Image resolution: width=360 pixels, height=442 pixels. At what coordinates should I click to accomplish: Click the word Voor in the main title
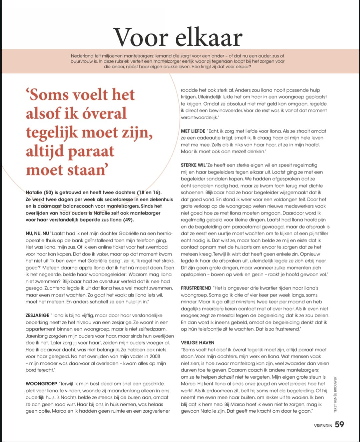coord(141,37)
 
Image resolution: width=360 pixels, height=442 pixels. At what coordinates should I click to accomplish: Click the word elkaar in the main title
coord(209,37)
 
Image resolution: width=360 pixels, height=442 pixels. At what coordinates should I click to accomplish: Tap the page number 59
coord(339,424)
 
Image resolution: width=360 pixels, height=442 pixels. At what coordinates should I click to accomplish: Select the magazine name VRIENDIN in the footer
coord(323,426)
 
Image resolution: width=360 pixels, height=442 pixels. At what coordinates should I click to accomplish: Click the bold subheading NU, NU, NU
coord(37,233)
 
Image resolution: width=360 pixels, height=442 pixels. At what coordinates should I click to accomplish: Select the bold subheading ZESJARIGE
coord(37,315)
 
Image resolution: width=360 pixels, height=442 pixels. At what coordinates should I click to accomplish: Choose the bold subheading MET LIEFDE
coord(193,131)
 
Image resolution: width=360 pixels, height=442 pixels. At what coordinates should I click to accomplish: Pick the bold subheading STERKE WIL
coord(193,165)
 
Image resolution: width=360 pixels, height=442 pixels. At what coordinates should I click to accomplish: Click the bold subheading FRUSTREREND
coord(196,288)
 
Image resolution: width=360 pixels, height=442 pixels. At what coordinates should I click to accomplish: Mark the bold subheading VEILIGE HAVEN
coord(198,343)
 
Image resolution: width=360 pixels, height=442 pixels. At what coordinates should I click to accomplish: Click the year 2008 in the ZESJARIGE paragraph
coord(155,356)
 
